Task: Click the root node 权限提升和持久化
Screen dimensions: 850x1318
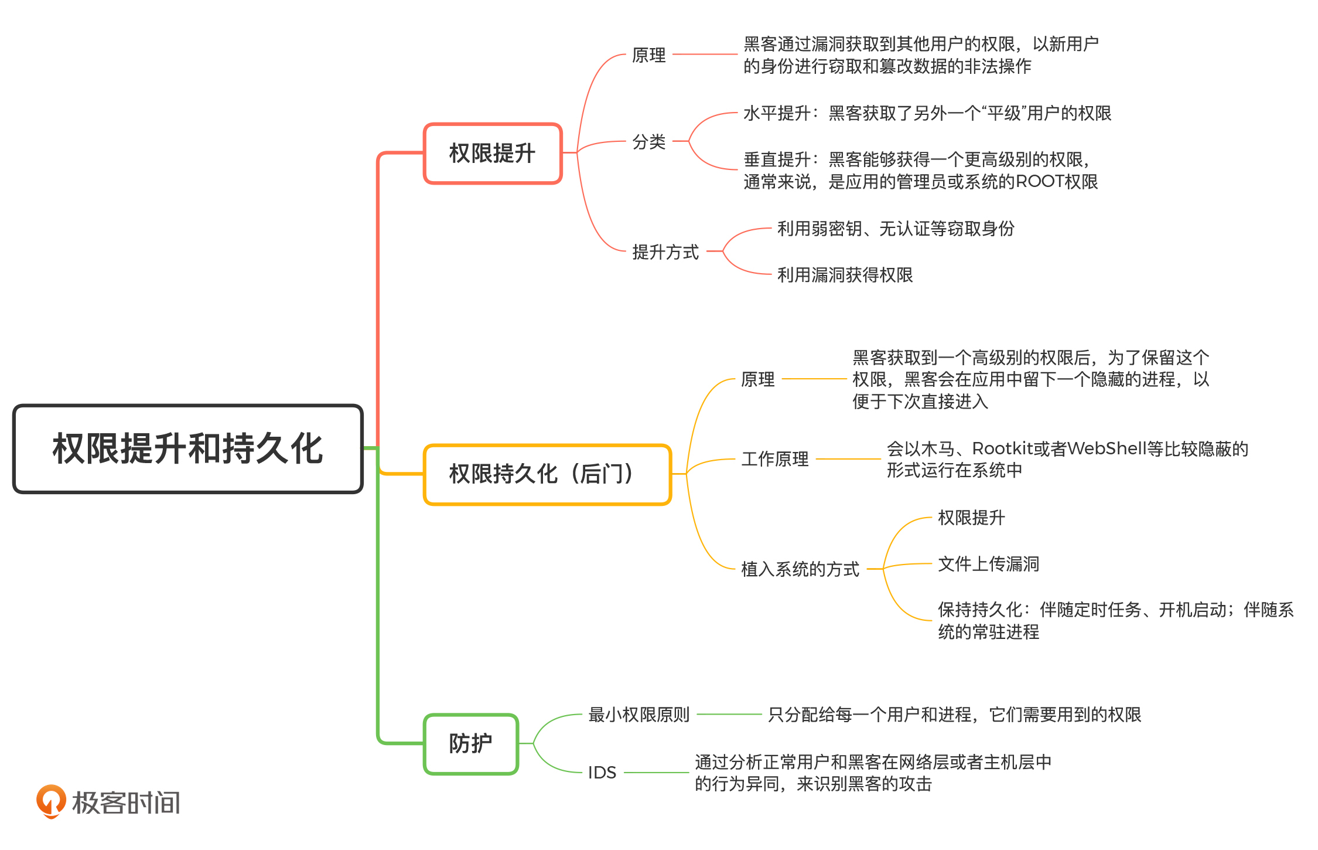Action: pos(187,448)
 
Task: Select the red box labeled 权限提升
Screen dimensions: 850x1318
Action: pos(492,154)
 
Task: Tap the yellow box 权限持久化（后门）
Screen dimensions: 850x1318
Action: pos(547,474)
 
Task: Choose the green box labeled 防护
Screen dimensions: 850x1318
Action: pos(471,743)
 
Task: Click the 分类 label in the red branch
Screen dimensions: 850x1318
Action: pos(649,142)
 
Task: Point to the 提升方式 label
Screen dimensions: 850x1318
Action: pos(665,252)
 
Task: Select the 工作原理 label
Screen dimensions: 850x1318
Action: pos(775,459)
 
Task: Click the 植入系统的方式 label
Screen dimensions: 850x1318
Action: pos(800,569)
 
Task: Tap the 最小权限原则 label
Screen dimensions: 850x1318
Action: pos(639,715)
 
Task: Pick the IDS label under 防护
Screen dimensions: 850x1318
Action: pos(602,773)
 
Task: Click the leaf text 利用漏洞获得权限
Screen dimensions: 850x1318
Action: pos(845,275)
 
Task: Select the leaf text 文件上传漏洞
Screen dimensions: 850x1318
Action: pos(989,564)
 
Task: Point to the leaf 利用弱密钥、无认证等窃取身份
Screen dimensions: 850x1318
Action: pos(896,229)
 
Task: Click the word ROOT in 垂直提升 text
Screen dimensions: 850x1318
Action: pos(1039,182)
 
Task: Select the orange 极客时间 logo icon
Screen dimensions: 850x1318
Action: pos(51,801)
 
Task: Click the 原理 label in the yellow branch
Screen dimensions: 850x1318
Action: pos(758,379)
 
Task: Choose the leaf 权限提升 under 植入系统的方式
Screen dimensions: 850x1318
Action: pos(971,518)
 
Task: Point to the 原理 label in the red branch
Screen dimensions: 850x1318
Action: pos(649,55)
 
